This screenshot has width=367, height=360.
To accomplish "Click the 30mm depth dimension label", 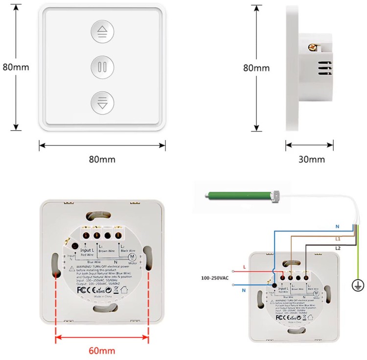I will pyautogui.click(x=311, y=159).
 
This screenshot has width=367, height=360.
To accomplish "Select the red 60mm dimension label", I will pyautogui.click(x=102, y=350).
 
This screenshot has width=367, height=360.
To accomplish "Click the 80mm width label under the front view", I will pyautogui.click(x=102, y=159).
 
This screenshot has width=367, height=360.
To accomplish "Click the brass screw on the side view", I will pyautogui.click(x=310, y=47).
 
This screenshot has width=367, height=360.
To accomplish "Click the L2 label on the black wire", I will pyautogui.click(x=338, y=248).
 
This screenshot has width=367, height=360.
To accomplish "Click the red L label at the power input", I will pyautogui.click(x=245, y=267).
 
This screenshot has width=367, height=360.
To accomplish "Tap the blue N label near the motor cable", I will pyautogui.click(x=338, y=226).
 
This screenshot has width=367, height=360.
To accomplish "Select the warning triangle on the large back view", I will pyautogui.click(x=72, y=268).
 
